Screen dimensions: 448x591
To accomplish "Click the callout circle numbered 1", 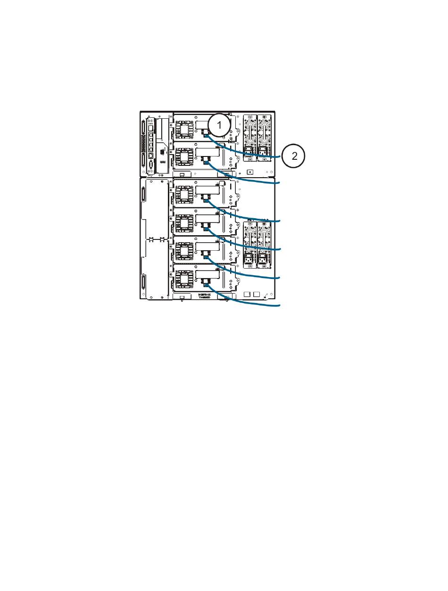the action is coord(218,125).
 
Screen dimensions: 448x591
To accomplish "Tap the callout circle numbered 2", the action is coord(294,156).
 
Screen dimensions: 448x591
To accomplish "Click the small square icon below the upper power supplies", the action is coord(250,172).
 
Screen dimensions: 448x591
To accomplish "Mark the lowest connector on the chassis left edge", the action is coord(143,285).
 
